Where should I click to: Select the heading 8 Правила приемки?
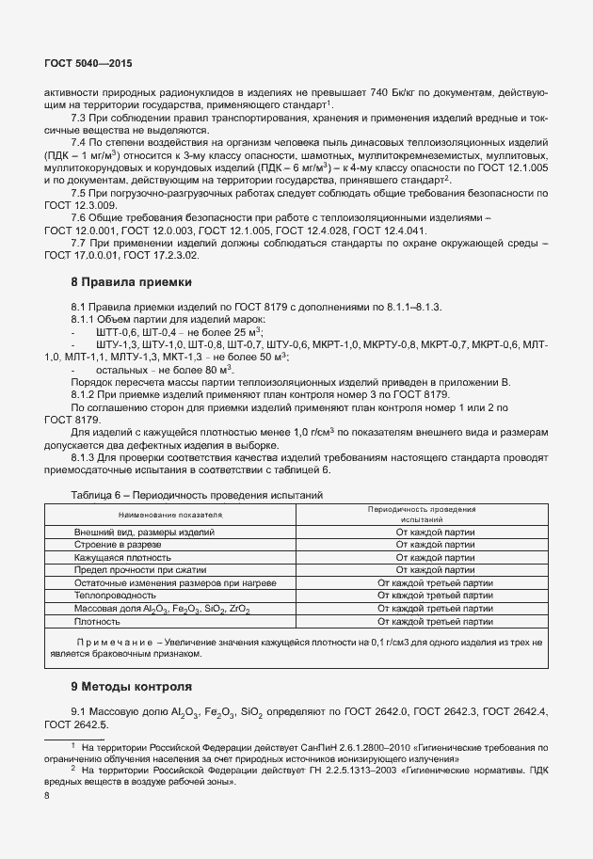click(x=132, y=281)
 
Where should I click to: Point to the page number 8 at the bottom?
click(x=48, y=795)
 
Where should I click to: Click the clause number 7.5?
click(x=79, y=192)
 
